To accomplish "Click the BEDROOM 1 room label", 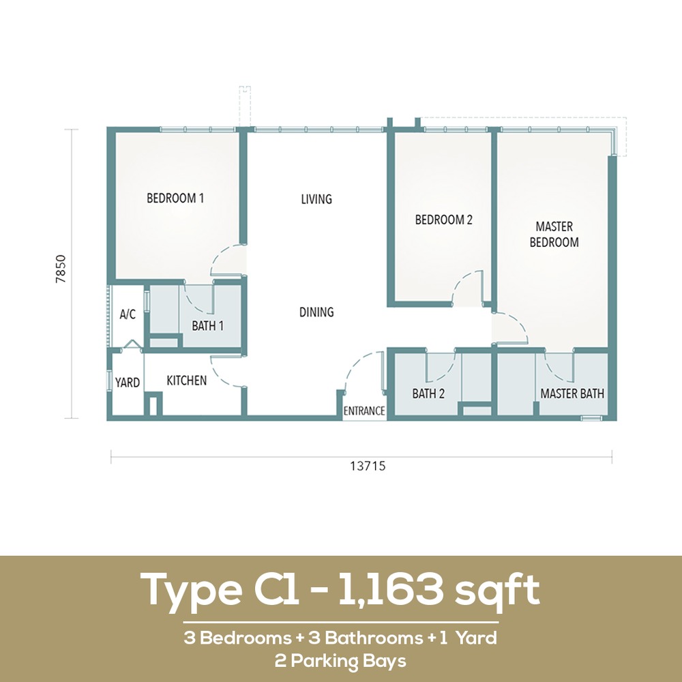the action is click(x=175, y=198).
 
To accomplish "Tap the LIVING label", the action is click(x=316, y=199).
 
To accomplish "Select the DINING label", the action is click(x=316, y=312).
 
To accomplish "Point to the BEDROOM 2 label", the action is click(x=443, y=220).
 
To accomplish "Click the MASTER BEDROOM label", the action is click(x=554, y=235).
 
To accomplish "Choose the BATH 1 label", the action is click(x=207, y=326).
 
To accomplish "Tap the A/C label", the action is click(x=128, y=314).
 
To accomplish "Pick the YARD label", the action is click(x=128, y=383).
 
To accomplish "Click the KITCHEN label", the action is click(x=187, y=381).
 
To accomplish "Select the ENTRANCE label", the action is click(x=364, y=411).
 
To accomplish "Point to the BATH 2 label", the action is click(x=428, y=394).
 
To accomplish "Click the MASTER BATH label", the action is click(x=572, y=394).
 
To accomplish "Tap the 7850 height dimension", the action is click(x=61, y=269).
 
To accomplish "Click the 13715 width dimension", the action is click(x=368, y=466).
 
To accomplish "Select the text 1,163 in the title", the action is click(x=390, y=589).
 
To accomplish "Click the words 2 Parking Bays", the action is click(x=340, y=661).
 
